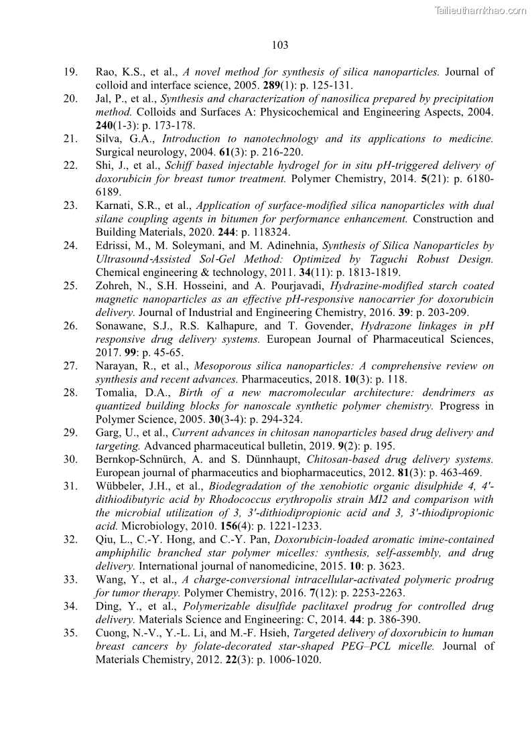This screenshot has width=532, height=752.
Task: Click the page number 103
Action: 280,46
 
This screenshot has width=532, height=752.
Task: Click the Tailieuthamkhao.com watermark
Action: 480,10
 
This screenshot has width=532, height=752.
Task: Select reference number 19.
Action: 71,72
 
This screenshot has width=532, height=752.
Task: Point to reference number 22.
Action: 71,165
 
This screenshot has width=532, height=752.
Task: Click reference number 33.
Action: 71,580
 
